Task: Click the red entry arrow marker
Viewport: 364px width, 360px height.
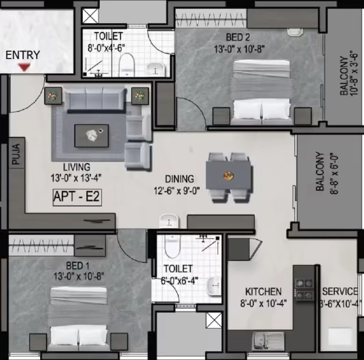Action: pyautogui.click(x=24, y=67)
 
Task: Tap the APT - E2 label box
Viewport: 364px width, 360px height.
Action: pyautogui.click(x=77, y=198)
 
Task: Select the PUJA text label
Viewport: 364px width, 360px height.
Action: pyautogui.click(x=16, y=154)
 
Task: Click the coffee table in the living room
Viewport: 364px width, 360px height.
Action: pyautogui.click(x=92, y=136)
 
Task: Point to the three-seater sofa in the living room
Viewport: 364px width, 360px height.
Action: pyautogui.click(x=95, y=99)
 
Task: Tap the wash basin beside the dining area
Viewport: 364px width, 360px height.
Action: pyautogui.click(x=169, y=221)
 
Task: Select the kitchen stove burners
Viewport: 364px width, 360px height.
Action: pyautogui.click(x=304, y=289)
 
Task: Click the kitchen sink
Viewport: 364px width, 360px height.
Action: pyautogui.click(x=268, y=342)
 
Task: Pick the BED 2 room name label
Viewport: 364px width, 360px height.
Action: pyautogui.click(x=238, y=37)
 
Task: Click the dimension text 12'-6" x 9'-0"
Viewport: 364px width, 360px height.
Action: pyautogui.click(x=177, y=191)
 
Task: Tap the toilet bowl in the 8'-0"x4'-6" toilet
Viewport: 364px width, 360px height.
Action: pyautogui.click(x=127, y=65)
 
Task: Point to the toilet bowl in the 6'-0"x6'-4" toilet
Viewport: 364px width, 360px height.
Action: pyautogui.click(x=172, y=246)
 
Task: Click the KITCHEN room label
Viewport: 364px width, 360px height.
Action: pyautogui.click(x=263, y=291)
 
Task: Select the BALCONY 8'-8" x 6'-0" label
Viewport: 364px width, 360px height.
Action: pyautogui.click(x=327, y=173)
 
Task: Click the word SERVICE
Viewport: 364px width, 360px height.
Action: pyautogui.click(x=340, y=291)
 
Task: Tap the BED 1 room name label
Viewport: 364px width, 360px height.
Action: pyautogui.click(x=77, y=266)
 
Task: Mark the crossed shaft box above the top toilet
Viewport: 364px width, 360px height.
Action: pyautogui.click(x=90, y=16)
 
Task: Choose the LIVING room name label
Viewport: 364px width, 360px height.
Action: pyautogui.click(x=77, y=167)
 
